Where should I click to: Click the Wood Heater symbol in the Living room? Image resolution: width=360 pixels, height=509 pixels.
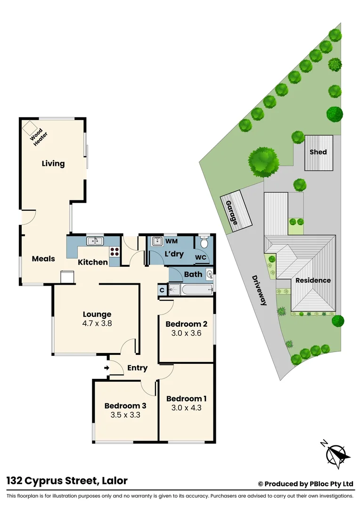click(31, 128)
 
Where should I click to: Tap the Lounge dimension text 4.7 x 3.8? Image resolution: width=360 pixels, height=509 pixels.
click(97, 324)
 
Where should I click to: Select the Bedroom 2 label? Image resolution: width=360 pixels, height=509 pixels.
click(186, 324)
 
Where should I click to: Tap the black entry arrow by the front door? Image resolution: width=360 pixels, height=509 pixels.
click(106, 368)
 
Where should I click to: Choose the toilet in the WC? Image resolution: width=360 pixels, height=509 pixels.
click(204, 243)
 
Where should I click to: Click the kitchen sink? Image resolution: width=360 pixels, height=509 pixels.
click(95, 241)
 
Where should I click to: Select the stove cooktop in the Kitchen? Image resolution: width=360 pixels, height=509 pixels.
click(115, 252)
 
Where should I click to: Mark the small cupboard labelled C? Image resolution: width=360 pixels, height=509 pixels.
click(162, 290)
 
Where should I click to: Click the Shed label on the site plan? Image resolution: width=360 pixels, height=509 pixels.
click(318, 152)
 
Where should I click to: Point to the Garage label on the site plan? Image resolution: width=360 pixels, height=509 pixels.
click(231, 213)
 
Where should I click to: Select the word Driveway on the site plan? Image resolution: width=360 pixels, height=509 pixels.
click(259, 290)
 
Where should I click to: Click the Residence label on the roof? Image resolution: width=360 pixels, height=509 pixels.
click(313, 280)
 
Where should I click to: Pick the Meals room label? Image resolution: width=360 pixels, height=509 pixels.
click(43, 259)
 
